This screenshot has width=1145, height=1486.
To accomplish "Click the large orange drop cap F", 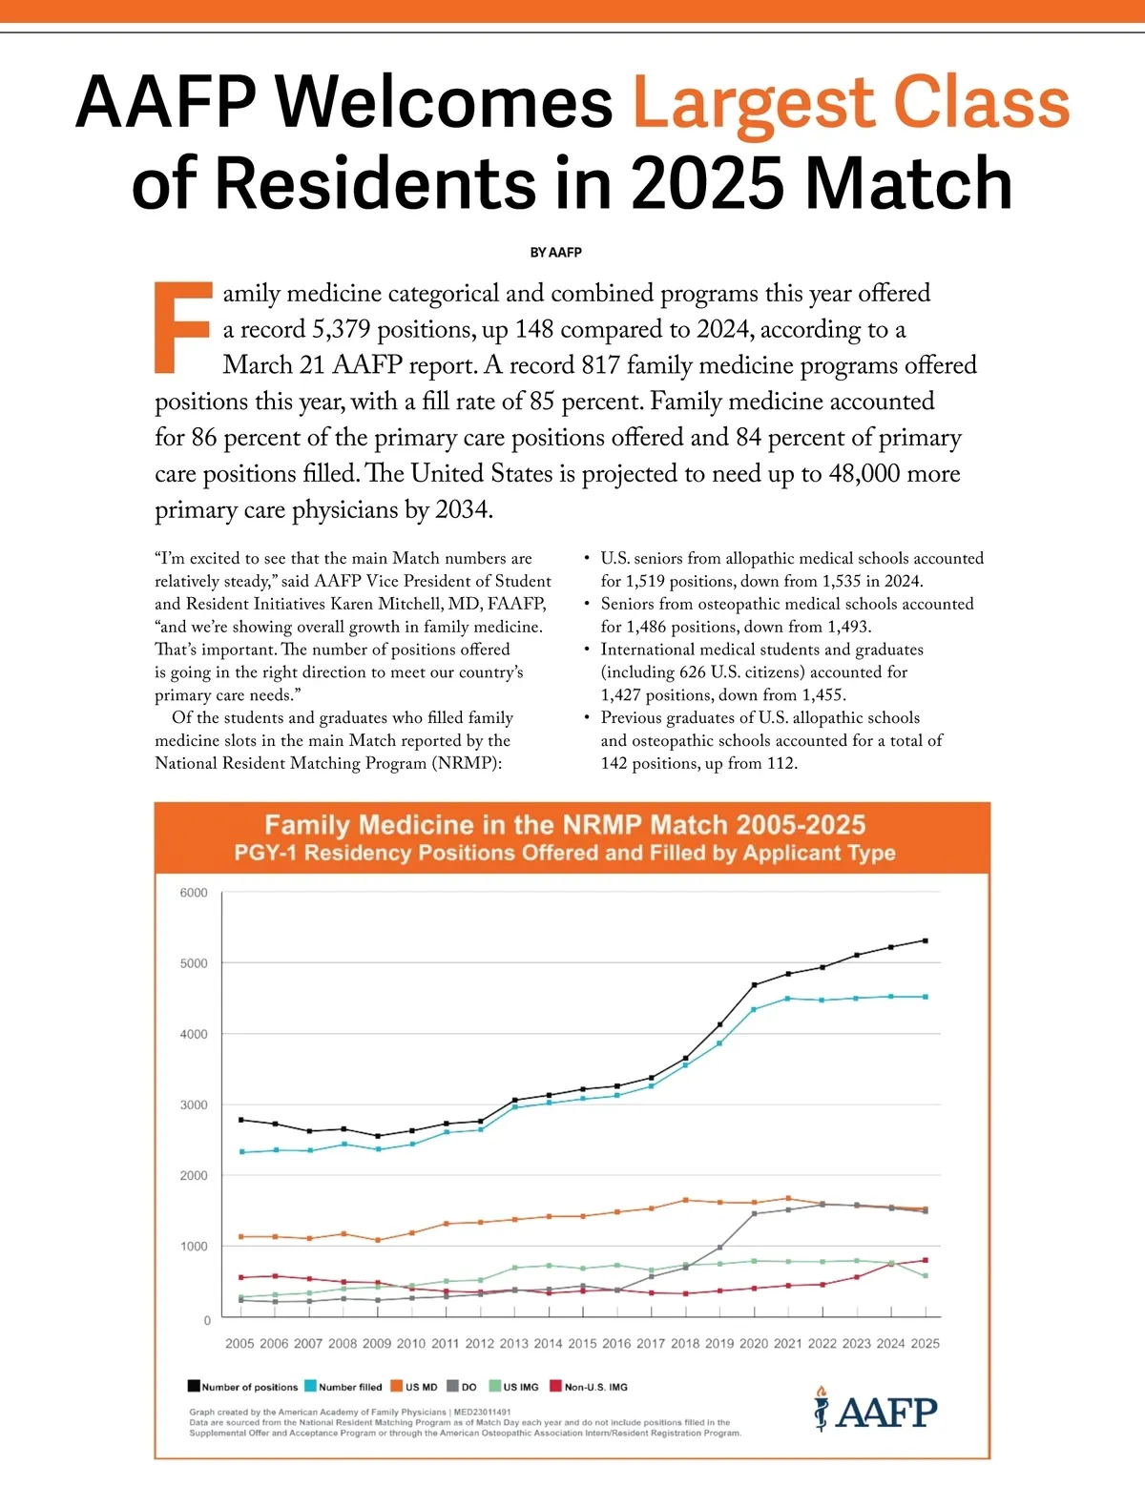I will [x=182, y=326].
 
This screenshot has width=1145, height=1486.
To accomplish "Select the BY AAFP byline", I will [x=555, y=253].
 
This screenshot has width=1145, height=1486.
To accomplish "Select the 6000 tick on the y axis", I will [x=193, y=893].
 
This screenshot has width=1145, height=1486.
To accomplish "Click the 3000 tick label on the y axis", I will [x=193, y=1104].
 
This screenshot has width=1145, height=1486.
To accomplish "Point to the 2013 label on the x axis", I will [x=513, y=1343].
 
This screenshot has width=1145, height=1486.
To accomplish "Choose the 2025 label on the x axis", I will [x=925, y=1343].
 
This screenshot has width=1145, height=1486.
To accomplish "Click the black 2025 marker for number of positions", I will [x=925, y=940].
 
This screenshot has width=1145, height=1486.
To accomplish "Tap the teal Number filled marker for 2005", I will [x=241, y=1152].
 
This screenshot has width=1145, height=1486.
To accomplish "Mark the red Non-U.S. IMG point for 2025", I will [x=925, y=1260].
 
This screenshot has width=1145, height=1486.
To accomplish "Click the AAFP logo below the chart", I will [x=875, y=1410].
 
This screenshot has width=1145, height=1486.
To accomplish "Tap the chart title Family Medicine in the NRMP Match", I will [x=565, y=825].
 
